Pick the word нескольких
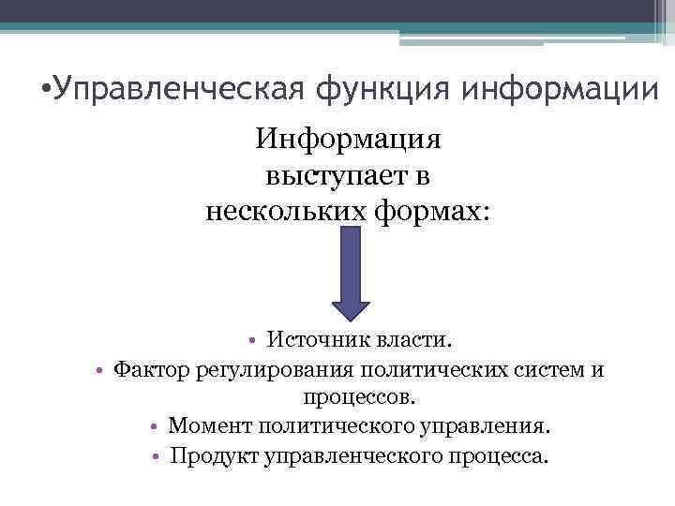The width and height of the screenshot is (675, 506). [x=281, y=210]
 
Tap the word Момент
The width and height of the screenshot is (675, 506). [x=206, y=426]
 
